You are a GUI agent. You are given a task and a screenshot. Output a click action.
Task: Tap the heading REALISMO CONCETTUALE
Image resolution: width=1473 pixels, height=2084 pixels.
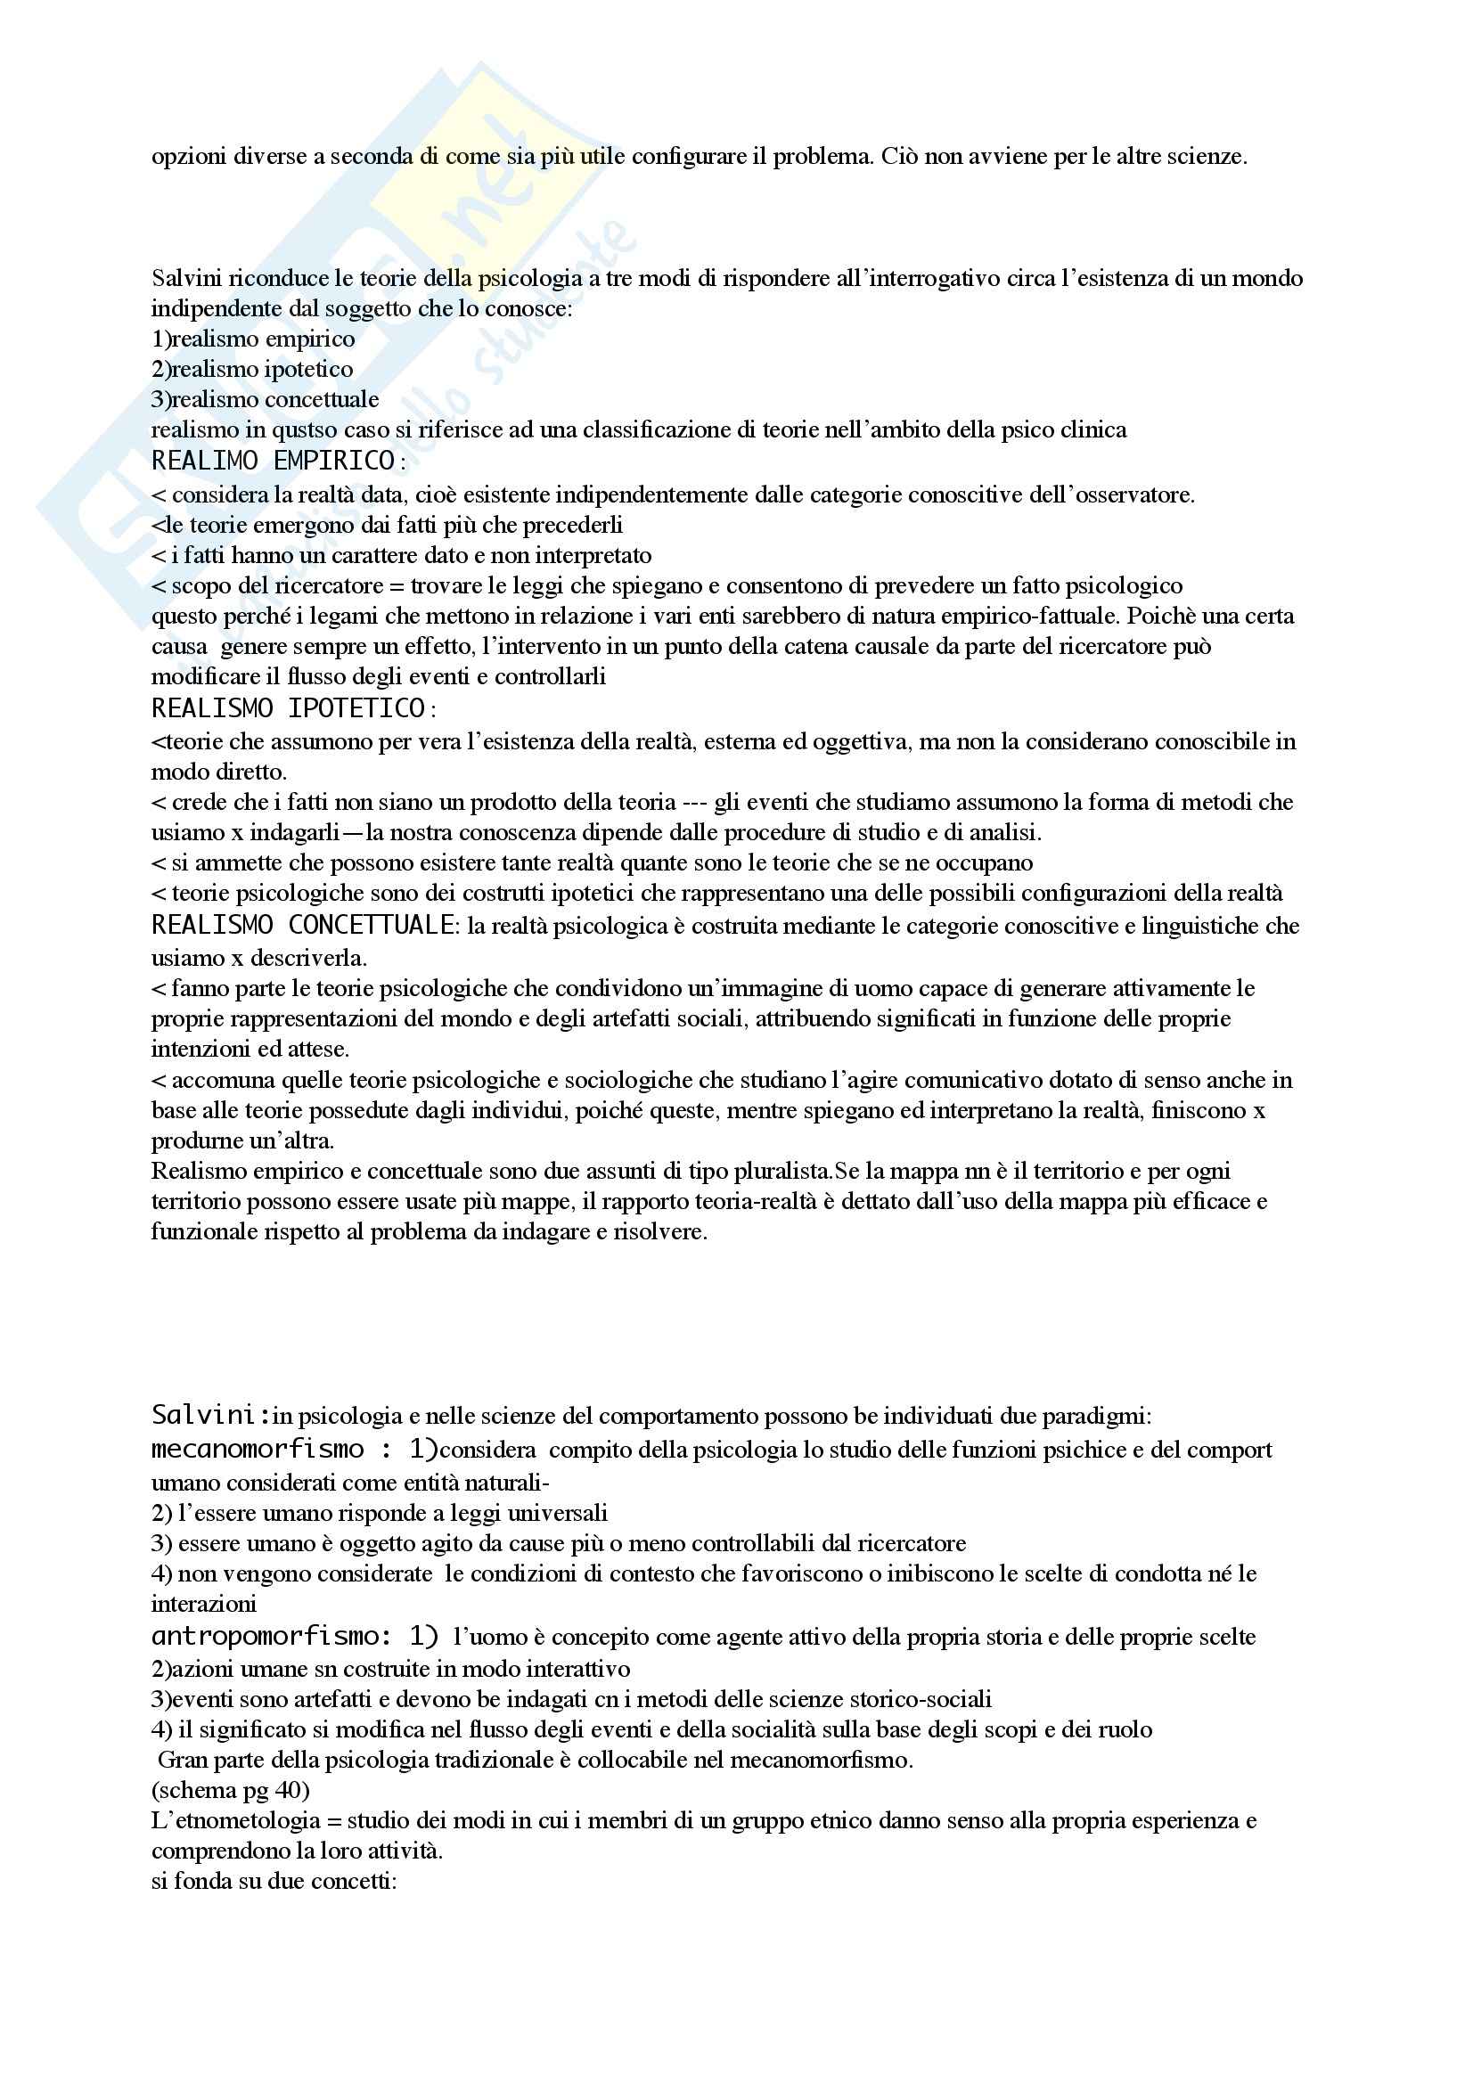tap(303, 926)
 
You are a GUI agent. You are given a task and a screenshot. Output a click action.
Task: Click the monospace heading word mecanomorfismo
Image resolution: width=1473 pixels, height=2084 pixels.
tap(258, 1449)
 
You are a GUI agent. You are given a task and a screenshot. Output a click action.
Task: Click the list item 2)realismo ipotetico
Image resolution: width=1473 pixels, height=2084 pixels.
tap(252, 370)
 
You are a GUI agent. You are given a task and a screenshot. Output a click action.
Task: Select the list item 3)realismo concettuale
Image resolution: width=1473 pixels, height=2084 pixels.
tap(265, 399)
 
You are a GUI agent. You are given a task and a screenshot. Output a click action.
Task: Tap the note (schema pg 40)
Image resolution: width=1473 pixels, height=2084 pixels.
tap(231, 1791)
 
